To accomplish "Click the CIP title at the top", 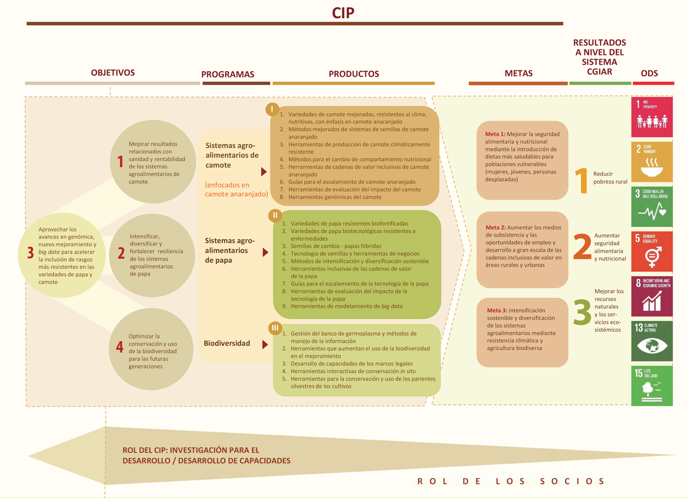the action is point(343,13).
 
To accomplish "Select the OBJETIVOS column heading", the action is point(113,73).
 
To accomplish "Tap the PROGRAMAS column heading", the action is point(228,74).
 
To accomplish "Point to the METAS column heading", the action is point(518,73).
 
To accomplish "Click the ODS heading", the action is point(649,73).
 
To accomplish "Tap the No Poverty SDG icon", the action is point(652,117).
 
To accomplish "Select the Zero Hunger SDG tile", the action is point(652,162).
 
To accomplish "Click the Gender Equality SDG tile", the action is point(652,251).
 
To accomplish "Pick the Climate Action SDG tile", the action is point(652,341).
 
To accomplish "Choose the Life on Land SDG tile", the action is point(652,385).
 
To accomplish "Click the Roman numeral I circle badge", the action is point(272,109).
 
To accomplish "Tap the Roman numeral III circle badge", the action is point(275,328).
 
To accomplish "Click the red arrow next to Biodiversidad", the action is point(265,345).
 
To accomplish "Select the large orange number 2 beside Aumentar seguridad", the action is point(582,247).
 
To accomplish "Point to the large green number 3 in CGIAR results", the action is point(582,312).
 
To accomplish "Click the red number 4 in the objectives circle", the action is point(119,347).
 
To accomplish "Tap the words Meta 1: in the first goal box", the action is point(495,134).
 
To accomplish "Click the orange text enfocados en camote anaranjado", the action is point(236,190).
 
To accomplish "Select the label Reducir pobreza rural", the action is point(610,178).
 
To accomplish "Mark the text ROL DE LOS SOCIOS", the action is point(511,481).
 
